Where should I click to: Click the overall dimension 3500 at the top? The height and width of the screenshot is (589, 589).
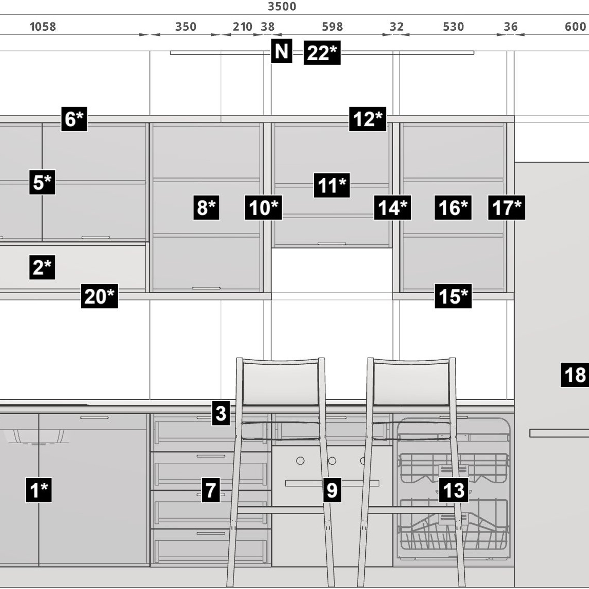point(282,6)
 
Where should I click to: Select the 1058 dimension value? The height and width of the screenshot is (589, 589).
point(43,27)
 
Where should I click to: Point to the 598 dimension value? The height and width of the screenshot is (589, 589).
point(332,27)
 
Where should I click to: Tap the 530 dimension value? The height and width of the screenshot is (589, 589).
point(454,27)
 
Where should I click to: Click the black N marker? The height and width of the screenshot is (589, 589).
point(282,51)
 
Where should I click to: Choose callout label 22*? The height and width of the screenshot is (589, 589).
point(322,52)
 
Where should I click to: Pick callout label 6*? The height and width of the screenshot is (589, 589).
point(74,119)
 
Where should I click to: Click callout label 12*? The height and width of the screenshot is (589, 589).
point(367,119)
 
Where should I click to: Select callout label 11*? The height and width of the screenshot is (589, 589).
point(331,185)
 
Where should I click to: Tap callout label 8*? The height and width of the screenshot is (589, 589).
point(206,207)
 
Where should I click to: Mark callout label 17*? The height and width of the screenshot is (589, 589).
point(507,207)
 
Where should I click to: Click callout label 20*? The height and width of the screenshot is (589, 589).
point(100,296)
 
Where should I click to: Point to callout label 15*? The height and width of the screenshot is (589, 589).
point(454,296)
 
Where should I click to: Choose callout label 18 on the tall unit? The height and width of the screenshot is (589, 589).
point(575,375)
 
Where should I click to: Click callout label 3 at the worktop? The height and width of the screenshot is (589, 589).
point(221,413)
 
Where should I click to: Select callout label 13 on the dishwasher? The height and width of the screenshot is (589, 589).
point(454,490)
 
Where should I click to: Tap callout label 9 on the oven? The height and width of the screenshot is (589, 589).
point(332,490)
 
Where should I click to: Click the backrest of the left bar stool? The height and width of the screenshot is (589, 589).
point(281,382)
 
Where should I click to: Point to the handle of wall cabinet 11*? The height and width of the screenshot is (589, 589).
point(331,244)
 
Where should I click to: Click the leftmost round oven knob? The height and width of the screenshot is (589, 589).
point(300,461)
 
